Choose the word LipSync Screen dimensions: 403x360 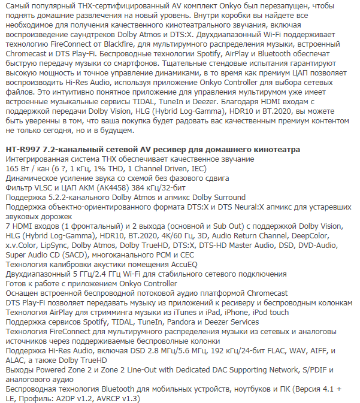point(66,244)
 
